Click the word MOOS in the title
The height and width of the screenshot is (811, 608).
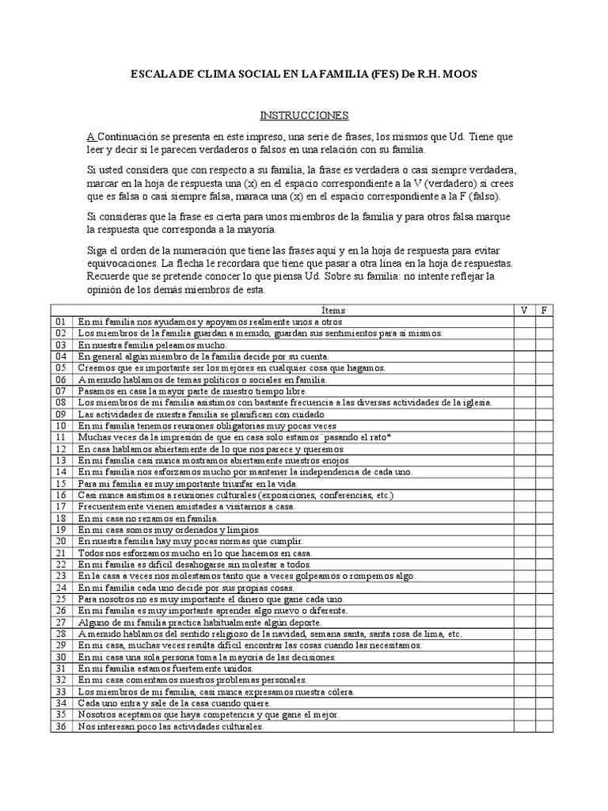(x=458, y=74)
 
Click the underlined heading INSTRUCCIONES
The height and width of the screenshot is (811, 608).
(x=304, y=115)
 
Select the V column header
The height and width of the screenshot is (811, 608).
(x=523, y=310)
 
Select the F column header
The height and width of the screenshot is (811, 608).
(x=544, y=310)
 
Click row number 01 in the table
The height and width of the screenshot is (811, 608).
(x=62, y=322)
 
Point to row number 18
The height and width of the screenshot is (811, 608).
(x=62, y=518)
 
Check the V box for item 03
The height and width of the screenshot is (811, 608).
(x=523, y=345)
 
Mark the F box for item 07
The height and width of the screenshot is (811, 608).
(x=544, y=391)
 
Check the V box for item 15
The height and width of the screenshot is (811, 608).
(x=523, y=483)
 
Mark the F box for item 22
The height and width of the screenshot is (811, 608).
(x=544, y=564)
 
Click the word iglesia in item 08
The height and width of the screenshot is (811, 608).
(x=474, y=403)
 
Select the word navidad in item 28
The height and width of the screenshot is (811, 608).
(x=291, y=634)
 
